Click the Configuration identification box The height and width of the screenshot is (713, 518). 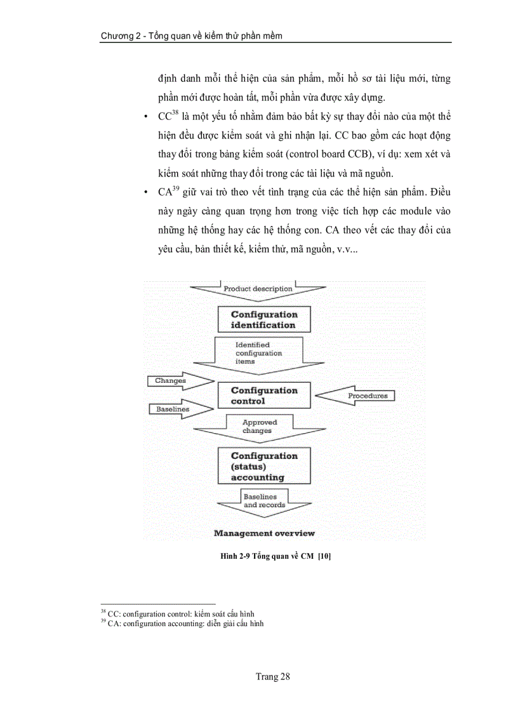[264, 319]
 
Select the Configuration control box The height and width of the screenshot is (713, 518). [264, 396]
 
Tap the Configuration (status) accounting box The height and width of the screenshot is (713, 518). [264, 466]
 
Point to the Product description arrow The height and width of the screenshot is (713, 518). [258, 290]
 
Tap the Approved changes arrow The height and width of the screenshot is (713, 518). [258, 427]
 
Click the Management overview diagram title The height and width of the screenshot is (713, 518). [264, 533]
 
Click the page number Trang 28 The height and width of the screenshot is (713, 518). [272, 677]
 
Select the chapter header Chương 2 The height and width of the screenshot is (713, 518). [191, 36]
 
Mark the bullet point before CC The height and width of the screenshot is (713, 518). [147, 117]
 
